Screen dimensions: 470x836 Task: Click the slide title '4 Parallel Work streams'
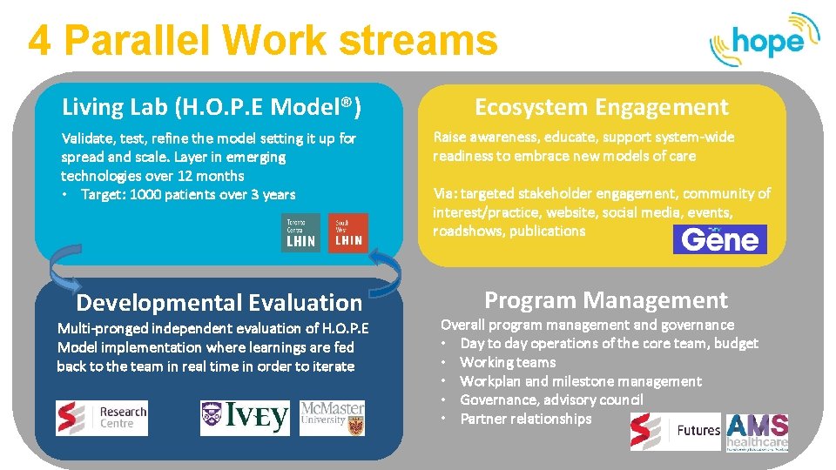click(x=262, y=40)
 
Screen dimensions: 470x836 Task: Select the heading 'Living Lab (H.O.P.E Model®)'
click(x=212, y=108)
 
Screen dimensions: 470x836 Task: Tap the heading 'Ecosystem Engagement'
click(x=601, y=108)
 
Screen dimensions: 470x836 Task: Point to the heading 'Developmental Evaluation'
click(x=219, y=303)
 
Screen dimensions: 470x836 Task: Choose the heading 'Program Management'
click(x=605, y=300)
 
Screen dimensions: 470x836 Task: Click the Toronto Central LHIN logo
click(x=300, y=233)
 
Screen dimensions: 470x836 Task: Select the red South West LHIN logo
click(x=348, y=233)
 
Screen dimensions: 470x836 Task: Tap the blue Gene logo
click(x=719, y=239)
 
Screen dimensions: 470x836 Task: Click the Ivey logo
click(x=245, y=419)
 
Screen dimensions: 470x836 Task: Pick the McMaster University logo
click(x=332, y=419)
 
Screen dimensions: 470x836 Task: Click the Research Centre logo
click(x=102, y=419)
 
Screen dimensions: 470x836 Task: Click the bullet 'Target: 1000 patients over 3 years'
click(x=187, y=195)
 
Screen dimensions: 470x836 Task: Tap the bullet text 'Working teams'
click(x=508, y=362)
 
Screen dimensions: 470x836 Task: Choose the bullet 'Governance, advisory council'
click(x=551, y=399)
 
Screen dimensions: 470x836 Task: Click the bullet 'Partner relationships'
click(x=525, y=419)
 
